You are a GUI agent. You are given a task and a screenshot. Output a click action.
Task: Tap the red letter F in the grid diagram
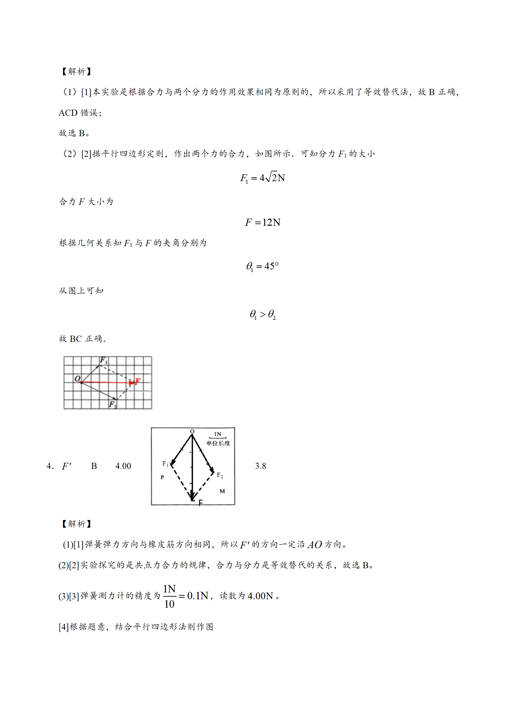point(138,382)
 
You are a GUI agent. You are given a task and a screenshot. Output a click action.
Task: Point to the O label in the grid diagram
point(77,378)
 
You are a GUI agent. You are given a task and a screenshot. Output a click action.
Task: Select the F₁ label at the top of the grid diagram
point(103,360)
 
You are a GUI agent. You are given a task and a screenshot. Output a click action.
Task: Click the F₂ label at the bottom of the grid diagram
point(112,404)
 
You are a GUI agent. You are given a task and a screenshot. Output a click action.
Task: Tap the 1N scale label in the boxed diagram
point(218,434)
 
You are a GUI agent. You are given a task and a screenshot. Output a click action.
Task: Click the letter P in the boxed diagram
point(162,477)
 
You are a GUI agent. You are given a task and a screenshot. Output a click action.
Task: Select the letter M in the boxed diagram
point(222,491)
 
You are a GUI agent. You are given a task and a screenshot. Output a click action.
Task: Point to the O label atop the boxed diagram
point(192,431)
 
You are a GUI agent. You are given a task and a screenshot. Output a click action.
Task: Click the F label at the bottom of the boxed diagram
point(200,503)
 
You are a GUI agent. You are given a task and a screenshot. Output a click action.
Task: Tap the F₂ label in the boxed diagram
point(220,475)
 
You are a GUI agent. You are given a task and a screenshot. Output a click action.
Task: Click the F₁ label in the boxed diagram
point(165,464)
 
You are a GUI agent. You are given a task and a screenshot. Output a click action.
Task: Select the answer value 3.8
point(260,466)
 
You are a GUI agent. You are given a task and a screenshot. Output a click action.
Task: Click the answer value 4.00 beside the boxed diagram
point(123,466)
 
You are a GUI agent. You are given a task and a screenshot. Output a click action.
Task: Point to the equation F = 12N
point(262,222)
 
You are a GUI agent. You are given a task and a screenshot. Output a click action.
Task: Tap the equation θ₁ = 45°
point(262,266)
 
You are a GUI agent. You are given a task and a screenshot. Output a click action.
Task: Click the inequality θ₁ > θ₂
point(262,314)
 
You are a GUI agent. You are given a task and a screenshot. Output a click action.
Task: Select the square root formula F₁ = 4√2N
point(262,178)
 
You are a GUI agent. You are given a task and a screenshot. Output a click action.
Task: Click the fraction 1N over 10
point(169,596)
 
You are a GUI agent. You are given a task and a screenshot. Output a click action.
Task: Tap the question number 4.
point(50,466)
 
